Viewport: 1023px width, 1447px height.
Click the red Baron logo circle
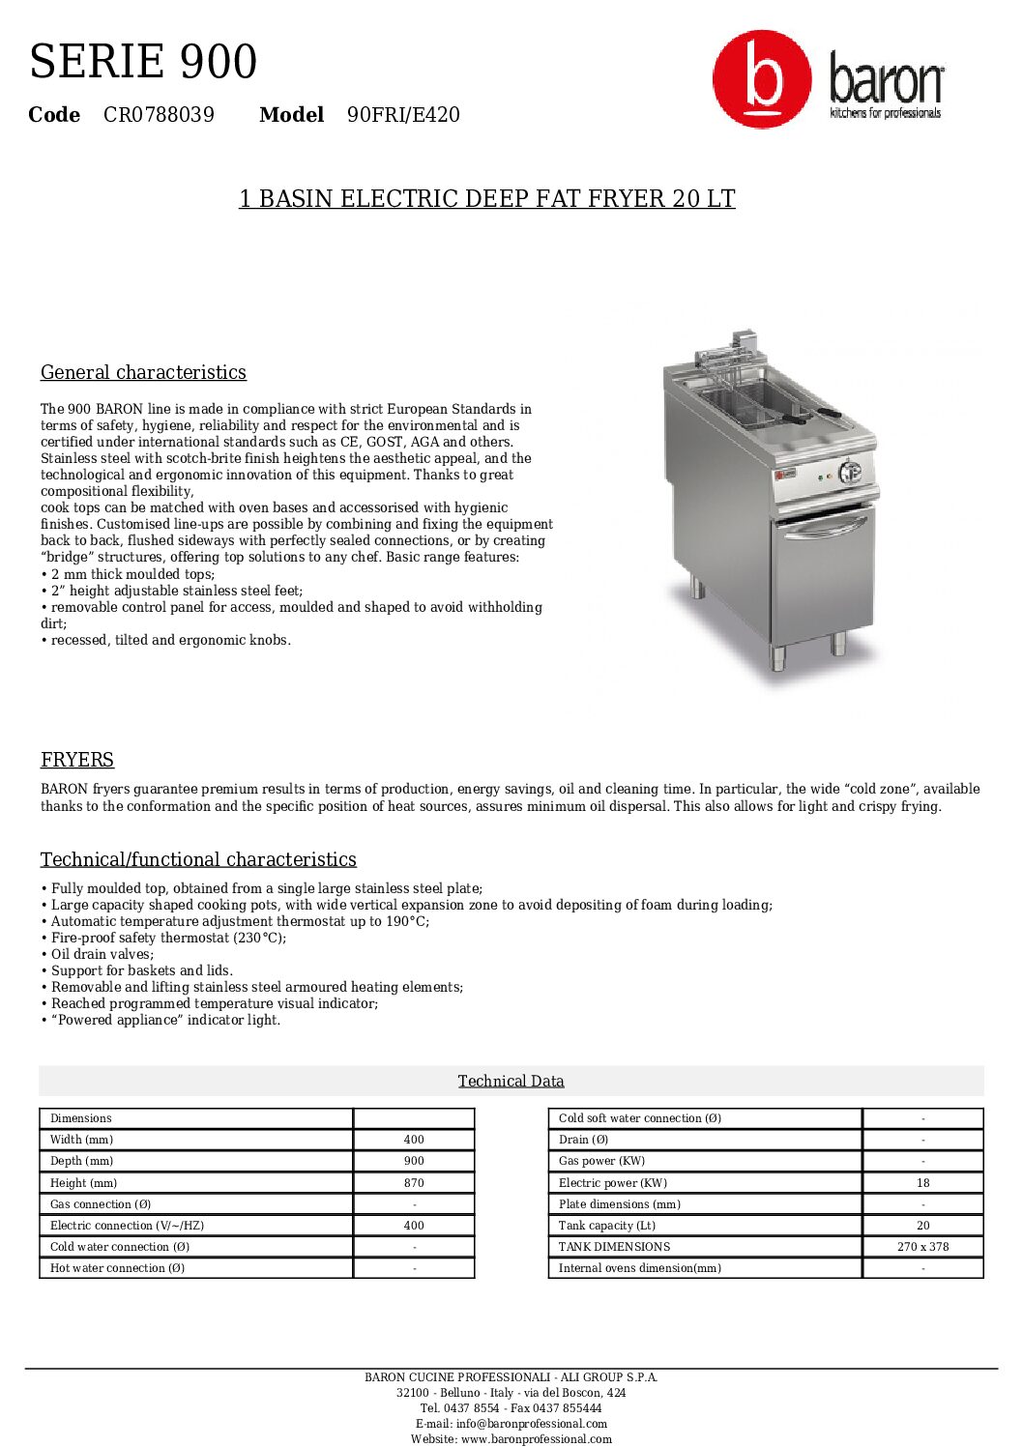pyautogui.click(x=762, y=79)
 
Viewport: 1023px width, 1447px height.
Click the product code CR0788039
pyautogui.click(x=159, y=115)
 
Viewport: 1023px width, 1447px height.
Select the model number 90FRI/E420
pyautogui.click(x=403, y=115)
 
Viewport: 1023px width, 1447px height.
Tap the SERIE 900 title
pyautogui.click(x=143, y=62)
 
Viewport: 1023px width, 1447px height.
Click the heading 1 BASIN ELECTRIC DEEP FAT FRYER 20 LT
pyautogui.click(x=487, y=199)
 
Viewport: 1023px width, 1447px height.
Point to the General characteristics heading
pyautogui.click(x=143, y=372)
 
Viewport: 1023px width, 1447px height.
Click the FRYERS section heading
pyautogui.click(x=77, y=760)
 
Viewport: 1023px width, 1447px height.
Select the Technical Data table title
pyautogui.click(x=511, y=1081)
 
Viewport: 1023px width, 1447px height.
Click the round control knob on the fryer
pyautogui.click(x=850, y=473)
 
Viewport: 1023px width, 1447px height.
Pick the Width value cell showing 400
pyautogui.click(x=414, y=1140)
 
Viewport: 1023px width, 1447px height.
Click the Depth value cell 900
pyautogui.click(x=414, y=1161)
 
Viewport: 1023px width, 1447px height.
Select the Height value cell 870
pyautogui.click(x=414, y=1182)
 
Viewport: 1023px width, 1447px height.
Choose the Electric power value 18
pyautogui.click(x=922, y=1182)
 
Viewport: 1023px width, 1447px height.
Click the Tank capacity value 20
pyautogui.click(x=922, y=1225)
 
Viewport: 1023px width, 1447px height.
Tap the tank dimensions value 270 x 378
pyautogui.click(x=922, y=1247)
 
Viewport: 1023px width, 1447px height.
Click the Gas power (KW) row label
pyautogui.click(x=601, y=1161)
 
